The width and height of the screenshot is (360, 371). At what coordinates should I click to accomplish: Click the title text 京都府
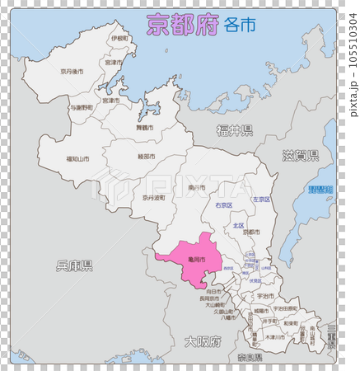coord(182,26)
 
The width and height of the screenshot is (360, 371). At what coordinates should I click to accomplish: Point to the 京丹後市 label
coord(72,72)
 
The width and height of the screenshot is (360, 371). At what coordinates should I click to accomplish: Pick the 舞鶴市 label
coord(143,128)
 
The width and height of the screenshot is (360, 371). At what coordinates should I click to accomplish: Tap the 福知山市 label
coord(80,158)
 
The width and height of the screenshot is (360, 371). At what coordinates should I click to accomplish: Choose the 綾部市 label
coord(147,156)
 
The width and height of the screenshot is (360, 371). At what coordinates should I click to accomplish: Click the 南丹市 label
coord(196,188)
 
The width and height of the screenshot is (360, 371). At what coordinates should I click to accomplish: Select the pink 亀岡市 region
coord(194,259)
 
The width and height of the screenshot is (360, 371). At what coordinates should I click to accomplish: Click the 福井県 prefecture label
coord(235,129)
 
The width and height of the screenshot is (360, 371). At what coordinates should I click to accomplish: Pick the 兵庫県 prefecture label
coord(74,265)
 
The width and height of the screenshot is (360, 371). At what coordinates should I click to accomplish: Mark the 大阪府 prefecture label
coord(203,341)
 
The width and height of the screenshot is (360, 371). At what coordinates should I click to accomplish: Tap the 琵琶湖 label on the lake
coord(320,190)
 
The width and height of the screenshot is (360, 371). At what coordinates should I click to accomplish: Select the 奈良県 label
coord(250,357)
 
